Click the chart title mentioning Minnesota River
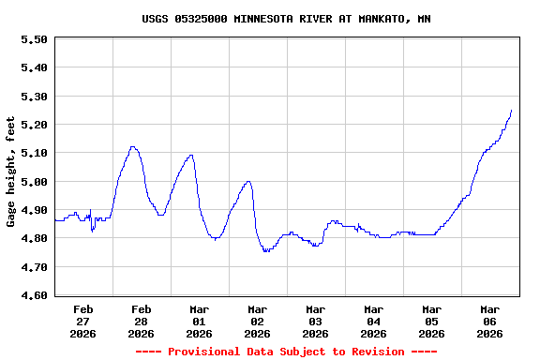pos(286,19)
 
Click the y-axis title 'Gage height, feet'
pos(11,172)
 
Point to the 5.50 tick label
pos(34,39)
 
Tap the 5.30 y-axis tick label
pos(34,97)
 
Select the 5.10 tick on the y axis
pos(34,153)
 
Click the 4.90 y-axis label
pos(34,210)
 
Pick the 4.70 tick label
pos(34,267)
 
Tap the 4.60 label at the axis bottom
pos(34,295)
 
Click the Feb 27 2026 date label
pos(82,321)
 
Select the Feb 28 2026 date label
pos(141,321)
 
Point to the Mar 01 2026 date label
pos(199,321)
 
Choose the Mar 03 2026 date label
pos(315,321)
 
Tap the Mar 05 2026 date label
pos(431,321)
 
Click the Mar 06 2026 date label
pos(489,321)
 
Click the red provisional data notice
pos(286,352)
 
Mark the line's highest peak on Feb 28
pos(133,146)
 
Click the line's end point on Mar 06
pos(511,111)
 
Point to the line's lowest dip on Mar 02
pos(266,251)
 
